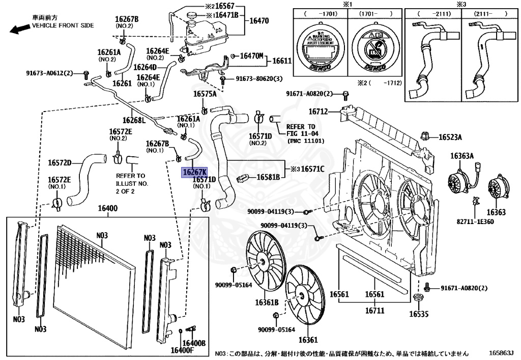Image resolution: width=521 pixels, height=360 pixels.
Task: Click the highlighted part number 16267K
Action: tap(194, 173)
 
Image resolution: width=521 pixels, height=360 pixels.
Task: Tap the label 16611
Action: tap(281, 61)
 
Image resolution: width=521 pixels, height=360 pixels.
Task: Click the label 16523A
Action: tap(450, 137)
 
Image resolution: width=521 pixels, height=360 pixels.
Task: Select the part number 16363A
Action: tap(464, 156)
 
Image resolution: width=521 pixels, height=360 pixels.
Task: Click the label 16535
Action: tap(420, 314)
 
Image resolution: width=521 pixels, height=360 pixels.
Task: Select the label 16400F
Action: tap(182, 350)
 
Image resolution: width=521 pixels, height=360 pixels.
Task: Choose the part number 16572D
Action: tap(60, 163)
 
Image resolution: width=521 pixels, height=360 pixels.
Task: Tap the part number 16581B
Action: tap(268, 177)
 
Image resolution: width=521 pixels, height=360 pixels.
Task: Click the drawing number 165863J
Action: tap(502, 352)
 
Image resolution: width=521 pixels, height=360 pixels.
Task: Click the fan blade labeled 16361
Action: tap(304, 295)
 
